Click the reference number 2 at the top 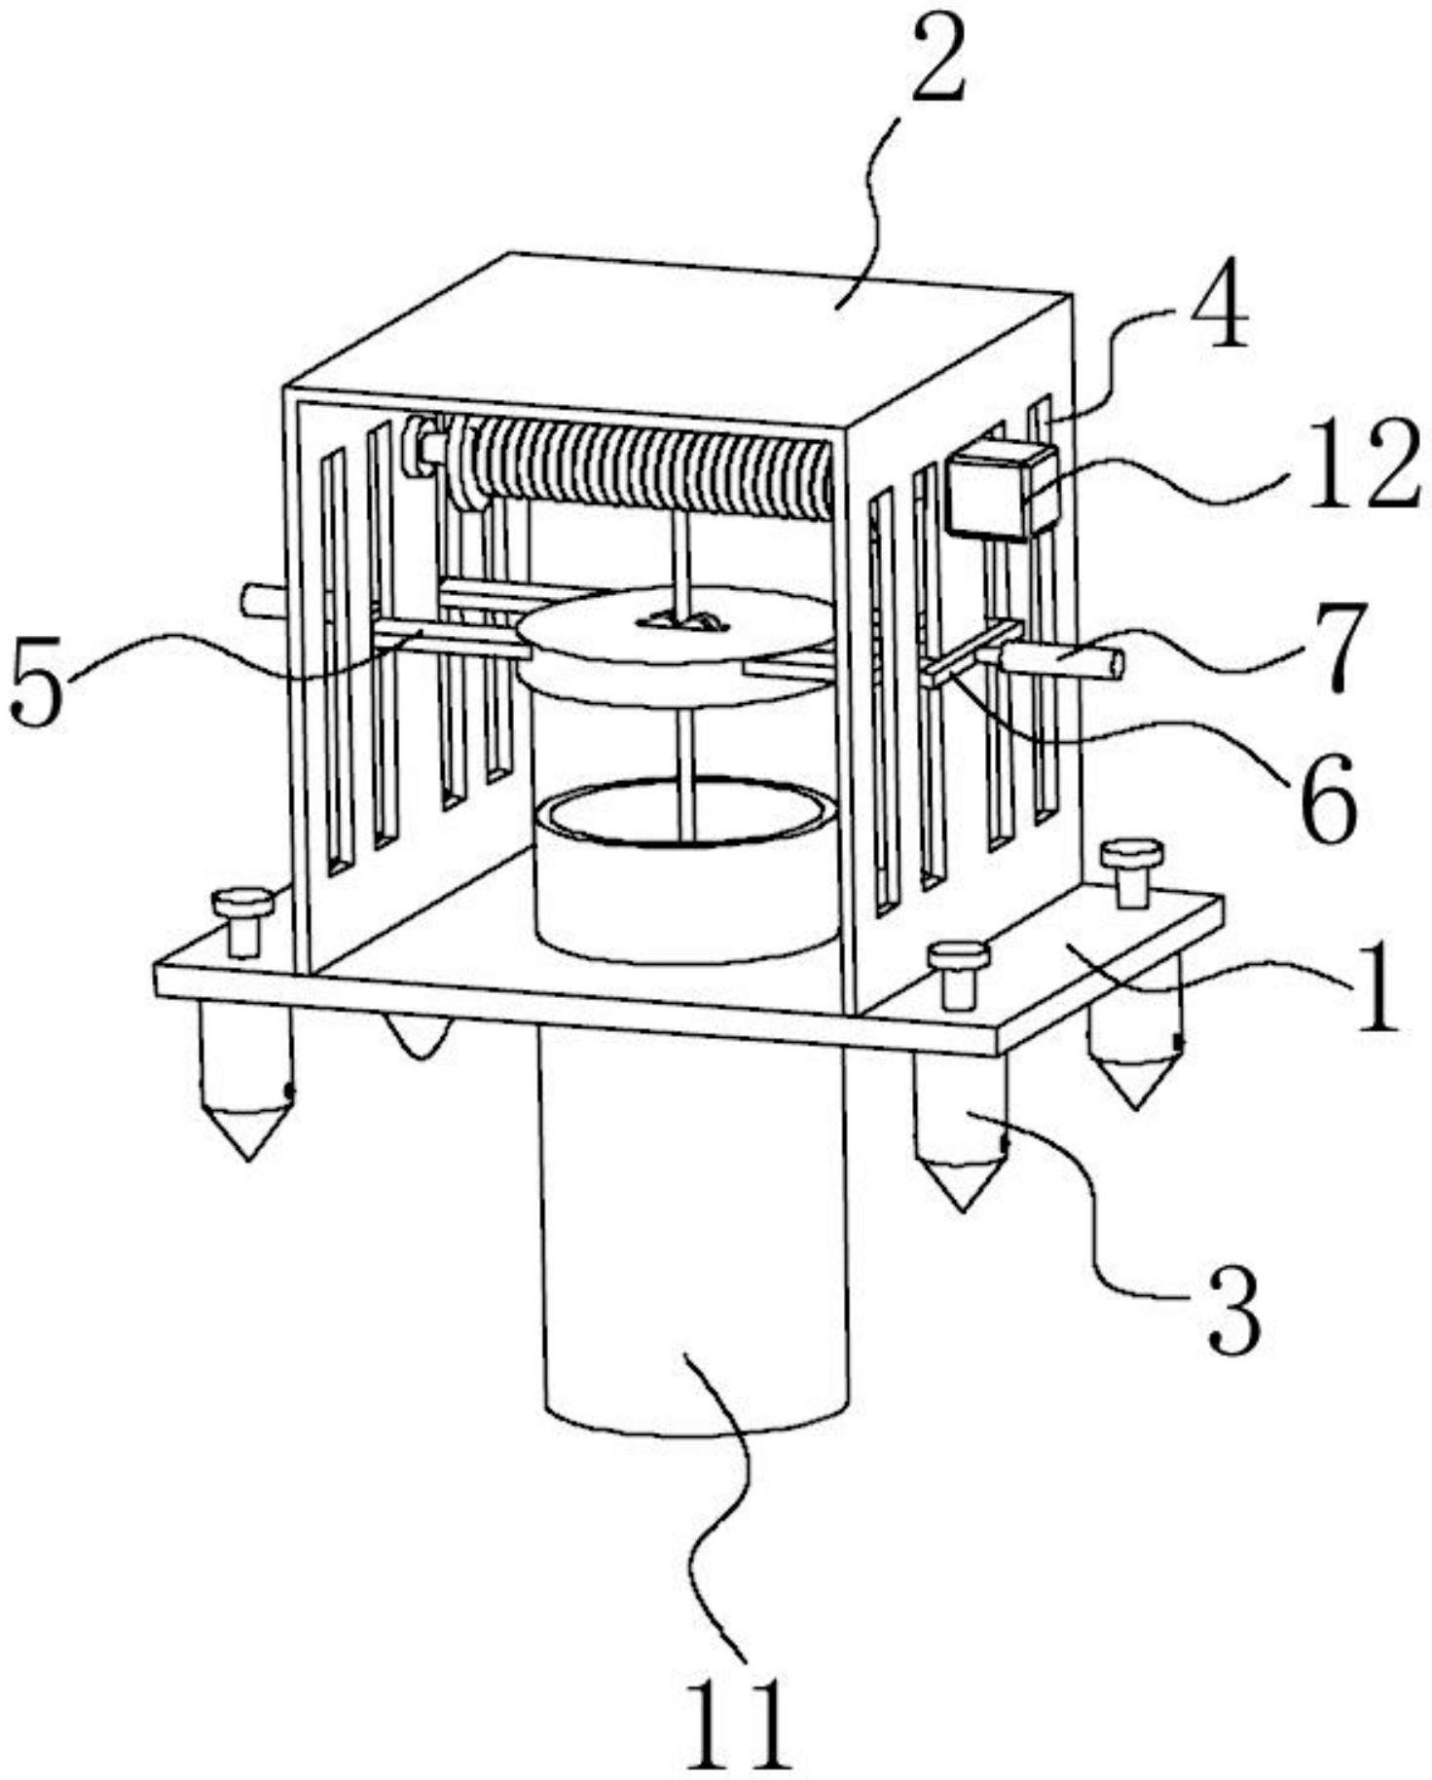point(937,61)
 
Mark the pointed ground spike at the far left point(247,1082)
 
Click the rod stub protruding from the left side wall point(262,600)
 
